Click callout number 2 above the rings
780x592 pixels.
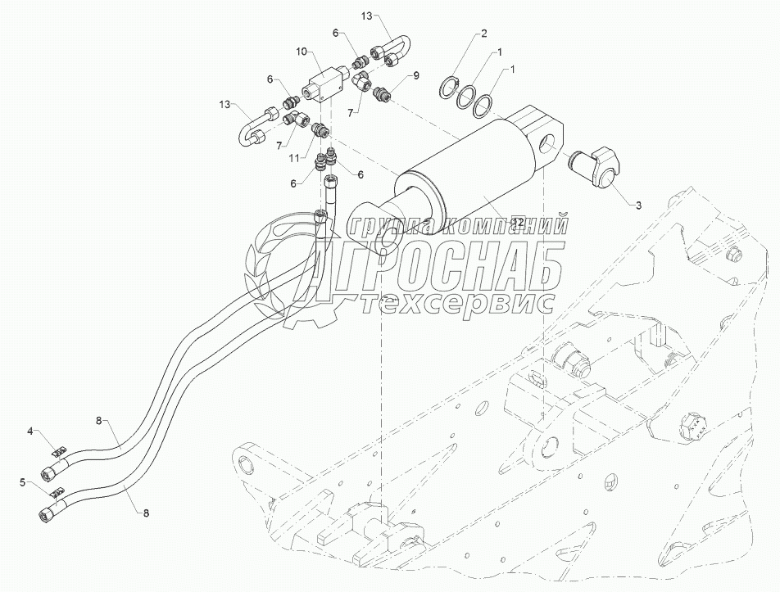[484, 34]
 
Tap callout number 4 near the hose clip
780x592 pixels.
[30, 430]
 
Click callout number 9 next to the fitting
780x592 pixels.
[415, 75]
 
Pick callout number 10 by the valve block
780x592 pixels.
[302, 52]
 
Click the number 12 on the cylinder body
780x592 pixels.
[517, 221]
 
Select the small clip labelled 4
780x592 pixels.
[58, 450]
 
